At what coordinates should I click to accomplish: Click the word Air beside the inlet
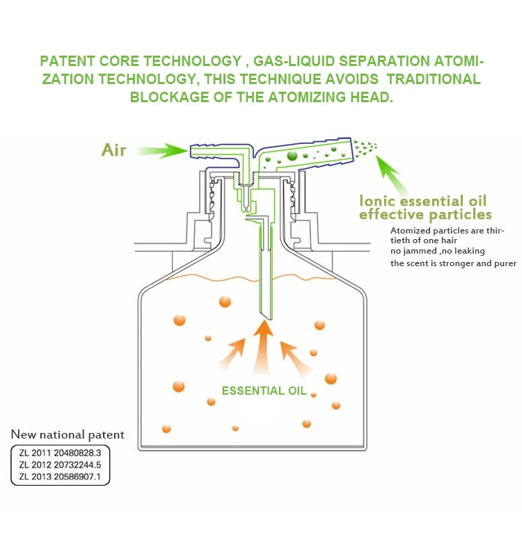[113, 149]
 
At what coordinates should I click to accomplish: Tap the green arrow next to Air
[161, 149]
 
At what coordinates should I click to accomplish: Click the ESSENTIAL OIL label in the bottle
[264, 391]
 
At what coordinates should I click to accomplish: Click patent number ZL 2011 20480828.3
[60, 452]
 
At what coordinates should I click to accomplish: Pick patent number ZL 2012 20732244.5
[60, 464]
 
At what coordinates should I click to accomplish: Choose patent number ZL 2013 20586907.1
[60, 477]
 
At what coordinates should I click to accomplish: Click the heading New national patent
[68, 435]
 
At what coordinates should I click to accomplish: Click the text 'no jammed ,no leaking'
[438, 251]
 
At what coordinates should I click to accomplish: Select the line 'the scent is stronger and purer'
[453, 263]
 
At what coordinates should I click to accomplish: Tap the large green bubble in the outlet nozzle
[292, 156]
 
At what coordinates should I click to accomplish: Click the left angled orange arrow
[231, 354]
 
